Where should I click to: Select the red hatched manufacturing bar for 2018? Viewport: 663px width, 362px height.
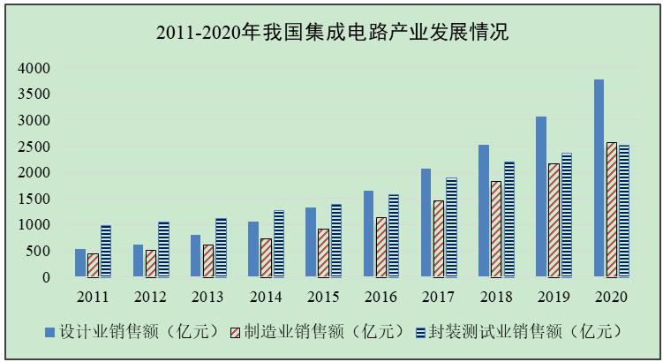(x=497, y=229)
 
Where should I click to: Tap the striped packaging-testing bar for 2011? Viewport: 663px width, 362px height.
(x=106, y=251)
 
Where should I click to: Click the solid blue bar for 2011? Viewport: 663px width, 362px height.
(x=80, y=263)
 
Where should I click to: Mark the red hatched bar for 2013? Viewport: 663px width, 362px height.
(x=207, y=260)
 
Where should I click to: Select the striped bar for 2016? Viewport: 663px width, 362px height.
(x=394, y=236)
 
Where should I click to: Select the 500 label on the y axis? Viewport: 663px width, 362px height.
(x=40, y=251)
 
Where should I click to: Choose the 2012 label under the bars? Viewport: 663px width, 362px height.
(x=150, y=296)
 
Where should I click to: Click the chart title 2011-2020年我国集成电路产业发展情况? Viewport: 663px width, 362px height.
(x=332, y=34)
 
